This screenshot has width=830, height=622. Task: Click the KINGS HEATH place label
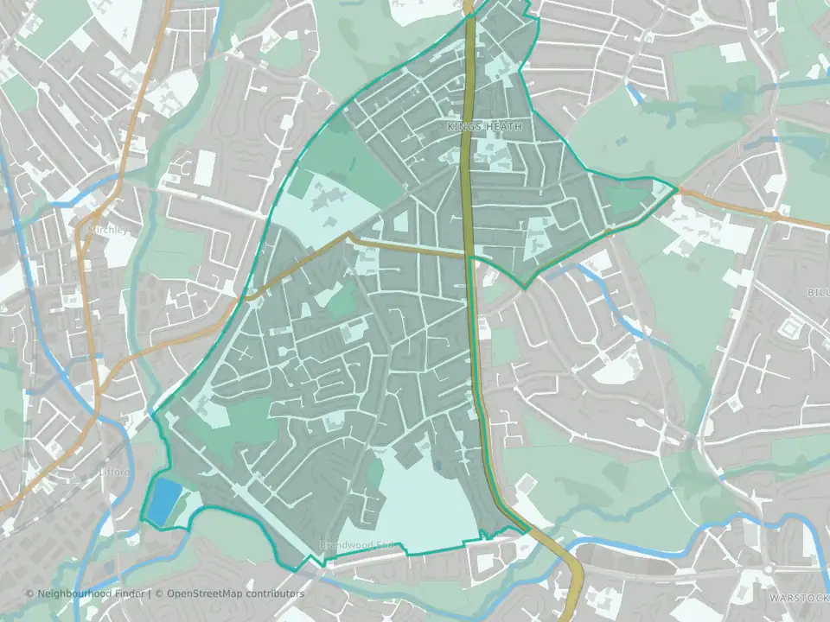point(485,127)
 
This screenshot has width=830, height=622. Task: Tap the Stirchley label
point(107,231)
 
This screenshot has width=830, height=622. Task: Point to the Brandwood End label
point(358,545)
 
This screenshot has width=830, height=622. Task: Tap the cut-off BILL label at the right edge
point(818,293)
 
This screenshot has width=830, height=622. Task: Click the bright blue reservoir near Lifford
point(164,501)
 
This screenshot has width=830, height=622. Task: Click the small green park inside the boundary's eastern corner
point(624,200)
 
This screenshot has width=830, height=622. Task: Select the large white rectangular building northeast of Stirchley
point(205,168)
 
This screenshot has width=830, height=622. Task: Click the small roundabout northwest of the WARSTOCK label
point(768,570)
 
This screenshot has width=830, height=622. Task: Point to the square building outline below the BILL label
point(789,329)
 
